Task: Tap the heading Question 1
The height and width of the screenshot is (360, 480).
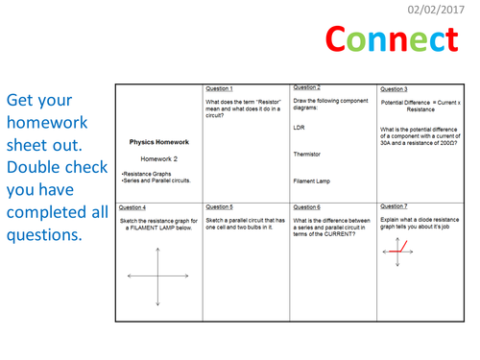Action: (220, 88)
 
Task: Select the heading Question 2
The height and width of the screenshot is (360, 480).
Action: (306, 86)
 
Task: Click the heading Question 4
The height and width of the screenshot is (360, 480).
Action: (132, 206)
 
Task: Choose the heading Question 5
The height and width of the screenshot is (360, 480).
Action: (220, 206)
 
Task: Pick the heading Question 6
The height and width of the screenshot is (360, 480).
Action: (306, 206)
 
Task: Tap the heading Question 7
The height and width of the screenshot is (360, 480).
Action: (394, 205)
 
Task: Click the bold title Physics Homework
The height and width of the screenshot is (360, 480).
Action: (158, 142)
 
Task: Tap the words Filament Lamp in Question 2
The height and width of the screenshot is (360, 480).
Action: (312, 180)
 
